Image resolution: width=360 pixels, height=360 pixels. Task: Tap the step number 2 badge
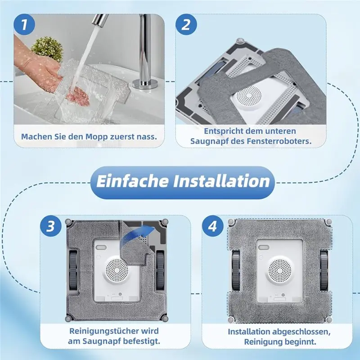185,25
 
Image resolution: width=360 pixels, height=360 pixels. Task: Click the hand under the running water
75,94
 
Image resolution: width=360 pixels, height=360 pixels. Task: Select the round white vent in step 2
247,97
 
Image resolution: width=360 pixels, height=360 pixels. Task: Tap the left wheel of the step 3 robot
72,270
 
